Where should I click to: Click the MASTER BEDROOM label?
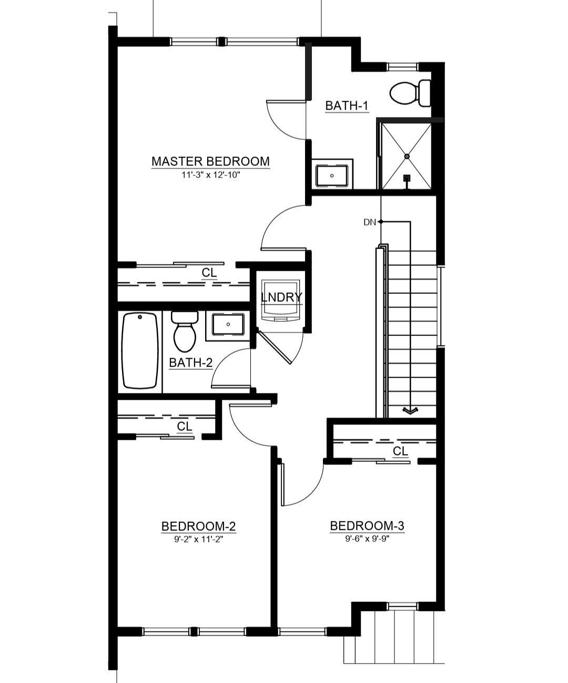point(210,161)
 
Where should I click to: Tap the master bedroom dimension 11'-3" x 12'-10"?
point(210,175)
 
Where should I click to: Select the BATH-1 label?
point(346,106)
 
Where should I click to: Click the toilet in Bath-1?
point(409,93)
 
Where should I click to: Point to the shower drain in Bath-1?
point(407,156)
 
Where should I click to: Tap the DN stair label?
point(370,222)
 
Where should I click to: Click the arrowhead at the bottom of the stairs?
point(410,411)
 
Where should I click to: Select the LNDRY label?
point(281,297)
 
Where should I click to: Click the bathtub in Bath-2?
point(140,350)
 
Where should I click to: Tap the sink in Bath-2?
point(228,324)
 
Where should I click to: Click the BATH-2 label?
point(190,363)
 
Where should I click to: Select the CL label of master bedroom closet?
point(209,273)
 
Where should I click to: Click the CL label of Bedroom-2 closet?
point(185,426)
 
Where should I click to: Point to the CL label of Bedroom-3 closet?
point(400,451)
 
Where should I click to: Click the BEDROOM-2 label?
point(198,526)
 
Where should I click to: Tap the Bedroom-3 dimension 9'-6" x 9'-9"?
point(367,539)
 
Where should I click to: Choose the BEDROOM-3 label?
point(367,526)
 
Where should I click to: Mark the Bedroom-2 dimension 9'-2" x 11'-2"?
point(198,539)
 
